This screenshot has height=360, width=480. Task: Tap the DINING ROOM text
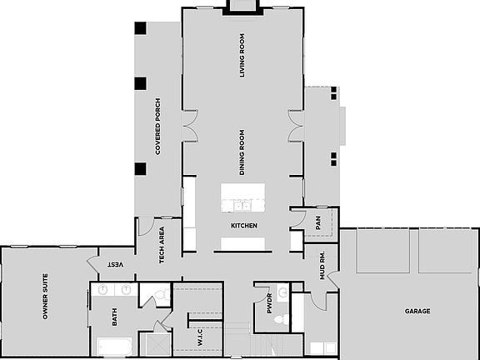(242, 152)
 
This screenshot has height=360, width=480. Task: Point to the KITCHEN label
(244, 226)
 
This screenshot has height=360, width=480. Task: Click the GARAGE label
(417, 311)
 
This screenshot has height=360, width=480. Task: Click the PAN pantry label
(317, 223)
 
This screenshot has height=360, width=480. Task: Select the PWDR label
(269, 304)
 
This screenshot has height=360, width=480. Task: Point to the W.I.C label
(200, 337)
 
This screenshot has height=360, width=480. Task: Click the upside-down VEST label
(115, 263)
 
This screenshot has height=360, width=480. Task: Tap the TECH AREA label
(162, 245)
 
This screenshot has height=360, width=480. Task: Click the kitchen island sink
(242, 204)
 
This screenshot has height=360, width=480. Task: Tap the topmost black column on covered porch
(140, 27)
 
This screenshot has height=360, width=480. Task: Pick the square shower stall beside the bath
(154, 344)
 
